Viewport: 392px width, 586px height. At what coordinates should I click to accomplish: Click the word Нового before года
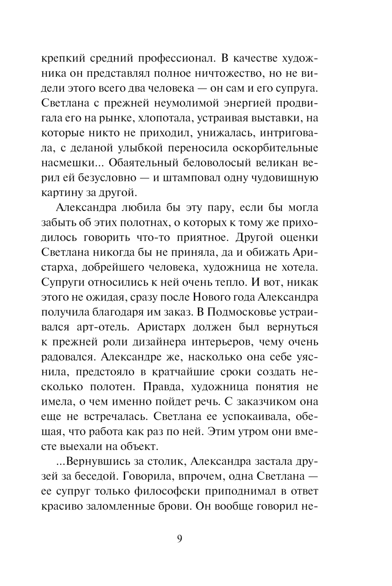[x=212, y=297]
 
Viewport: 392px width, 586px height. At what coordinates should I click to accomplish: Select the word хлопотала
[x=164, y=118]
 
